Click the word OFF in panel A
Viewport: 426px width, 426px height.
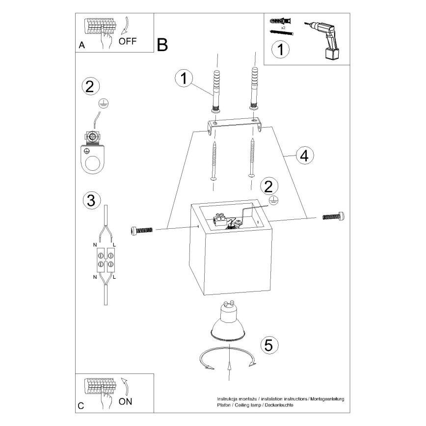(128, 41)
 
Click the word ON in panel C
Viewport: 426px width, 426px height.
(126, 401)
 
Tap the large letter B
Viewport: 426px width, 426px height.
(162, 45)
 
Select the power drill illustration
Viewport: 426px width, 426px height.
(324, 39)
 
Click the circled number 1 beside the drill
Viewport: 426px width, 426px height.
(280, 50)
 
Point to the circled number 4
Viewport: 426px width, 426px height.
(303, 156)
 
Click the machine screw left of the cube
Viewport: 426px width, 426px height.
(143, 230)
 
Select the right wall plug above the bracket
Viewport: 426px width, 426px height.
(254, 86)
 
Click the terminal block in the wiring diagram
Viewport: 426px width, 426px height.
(106, 260)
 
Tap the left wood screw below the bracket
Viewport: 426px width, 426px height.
(214, 161)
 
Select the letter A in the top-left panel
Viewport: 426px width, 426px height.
(81, 45)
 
